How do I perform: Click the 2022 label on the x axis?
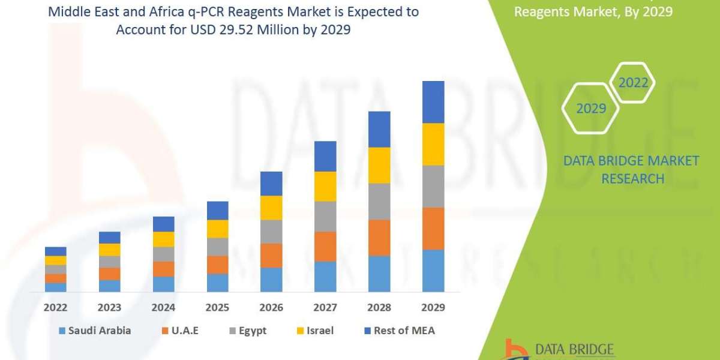pos(56,308)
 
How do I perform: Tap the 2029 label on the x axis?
pos(433,308)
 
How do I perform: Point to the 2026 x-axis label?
pos(271,308)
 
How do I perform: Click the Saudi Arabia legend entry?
pos(95,331)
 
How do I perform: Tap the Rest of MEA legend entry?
pos(399,331)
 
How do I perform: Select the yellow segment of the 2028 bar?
pos(379,165)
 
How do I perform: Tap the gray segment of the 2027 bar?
pos(325,216)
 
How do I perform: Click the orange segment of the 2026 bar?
pos(271,256)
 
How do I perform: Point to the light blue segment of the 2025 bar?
pos(218,283)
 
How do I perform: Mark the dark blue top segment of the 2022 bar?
pos(56,251)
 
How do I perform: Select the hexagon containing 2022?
pos(633,83)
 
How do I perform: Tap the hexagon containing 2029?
pos(590,109)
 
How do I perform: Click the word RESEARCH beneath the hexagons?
pos(632,179)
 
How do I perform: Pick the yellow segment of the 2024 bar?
pos(164,239)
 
